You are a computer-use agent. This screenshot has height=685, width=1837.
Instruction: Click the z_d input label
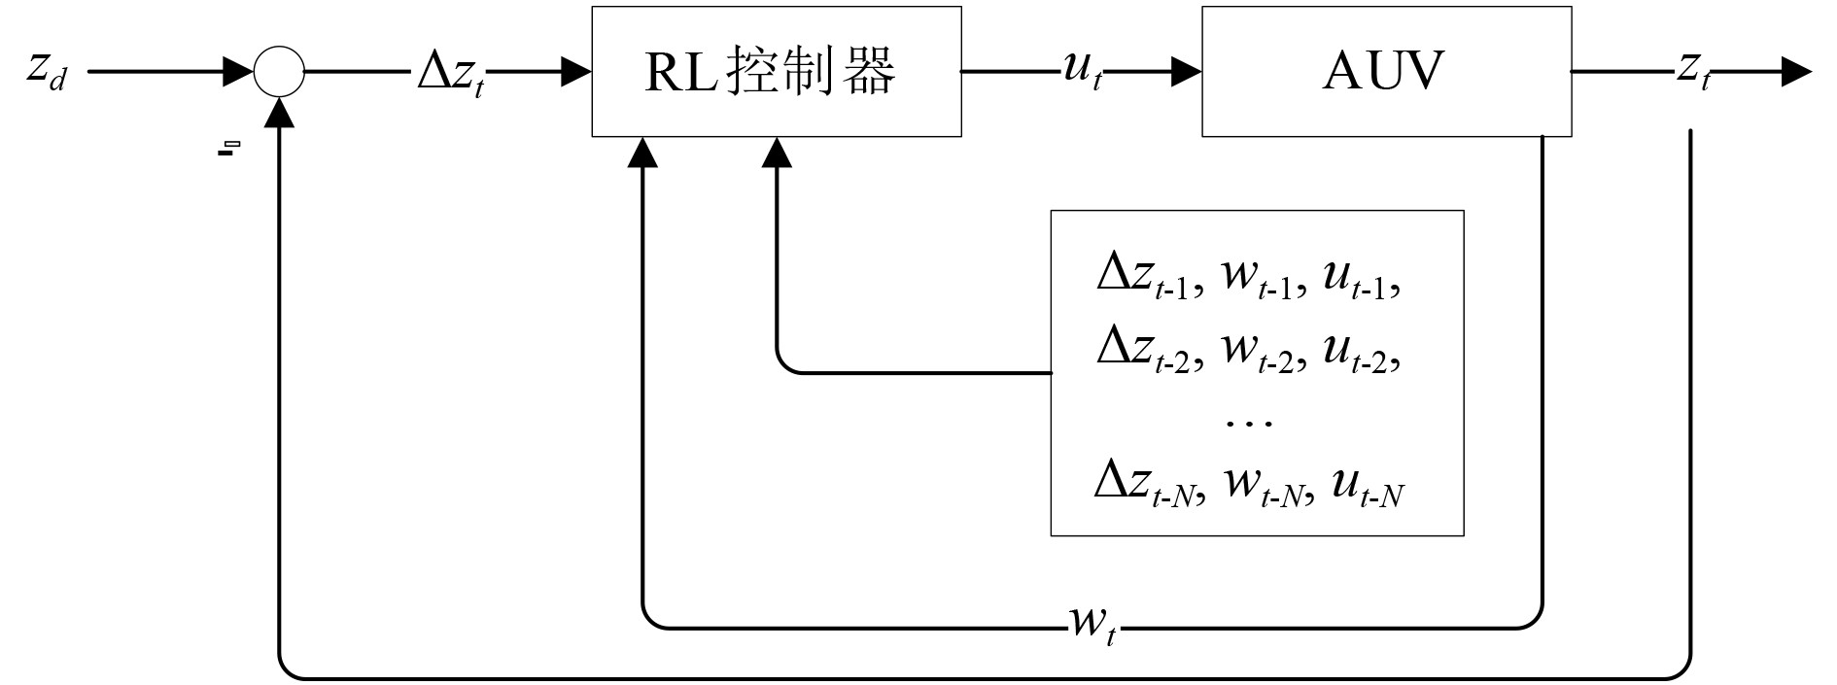point(47,71)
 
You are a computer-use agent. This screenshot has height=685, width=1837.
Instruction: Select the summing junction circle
point(279,71)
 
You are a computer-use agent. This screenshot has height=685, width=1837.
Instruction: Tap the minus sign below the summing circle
point(227,149)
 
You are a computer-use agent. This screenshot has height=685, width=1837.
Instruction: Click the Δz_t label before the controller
point(450,72)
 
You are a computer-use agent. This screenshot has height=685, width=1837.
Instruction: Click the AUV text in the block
point(1384,71)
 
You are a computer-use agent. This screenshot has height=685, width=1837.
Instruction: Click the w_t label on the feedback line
point(1093,622)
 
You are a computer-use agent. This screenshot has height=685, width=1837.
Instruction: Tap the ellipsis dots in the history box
point(1250,422)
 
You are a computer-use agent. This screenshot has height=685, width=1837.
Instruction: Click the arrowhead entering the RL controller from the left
point(576,72)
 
